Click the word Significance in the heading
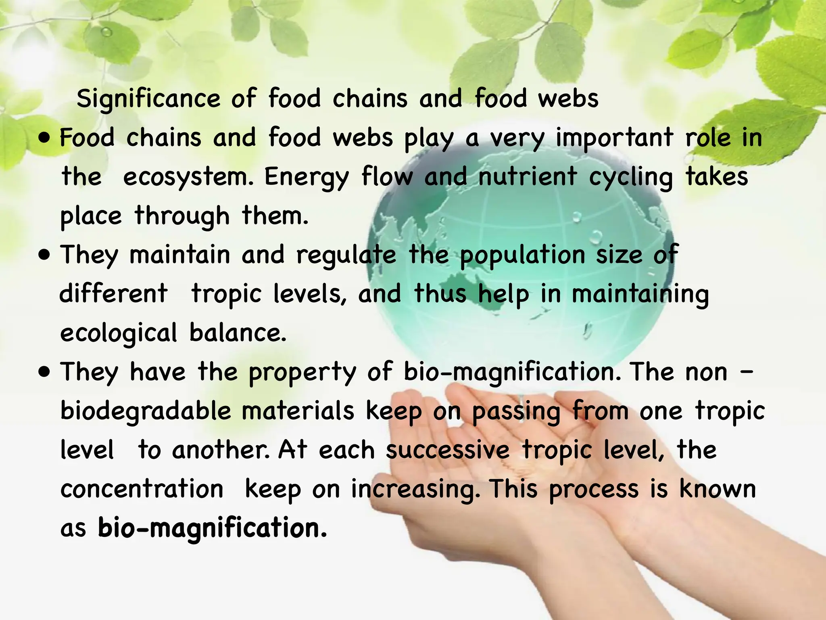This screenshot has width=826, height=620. pyautogui.click(x=148, y=99)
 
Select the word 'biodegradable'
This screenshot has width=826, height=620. pyautogui.click(x=146, y=411)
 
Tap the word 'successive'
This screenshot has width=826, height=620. pyautogui.click(x=448, y=450)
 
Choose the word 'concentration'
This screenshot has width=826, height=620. pyautogui.click(x=142, y=489)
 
